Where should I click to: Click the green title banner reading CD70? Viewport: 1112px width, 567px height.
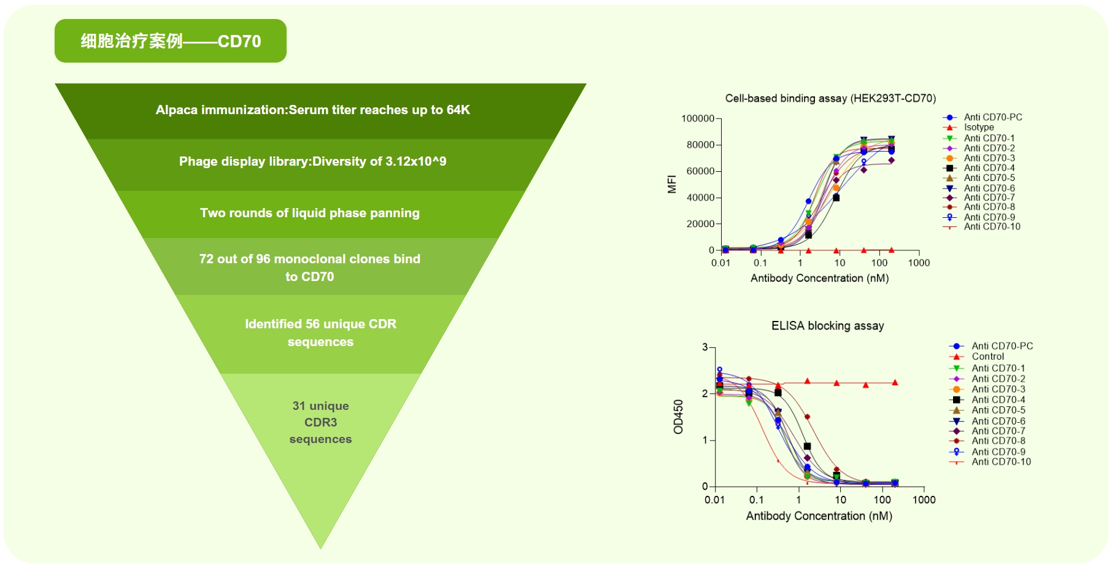click(x=171, y=41)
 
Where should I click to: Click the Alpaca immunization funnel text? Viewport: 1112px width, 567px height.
click(x=313, y=110)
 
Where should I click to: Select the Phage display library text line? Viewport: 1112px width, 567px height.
click(x=313, y=161)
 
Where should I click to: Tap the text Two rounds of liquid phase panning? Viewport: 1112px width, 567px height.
click(x=310, y=213)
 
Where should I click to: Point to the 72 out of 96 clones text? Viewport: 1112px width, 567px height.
click(x=310, y=268)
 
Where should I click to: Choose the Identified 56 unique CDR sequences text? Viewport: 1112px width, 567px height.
click(x=320, y=333)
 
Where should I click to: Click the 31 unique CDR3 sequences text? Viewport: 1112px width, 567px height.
click(x=320, y=422)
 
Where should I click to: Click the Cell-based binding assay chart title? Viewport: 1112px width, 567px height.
click(x=830, y=98)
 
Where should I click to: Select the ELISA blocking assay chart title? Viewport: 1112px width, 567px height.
click(x=828, y=326)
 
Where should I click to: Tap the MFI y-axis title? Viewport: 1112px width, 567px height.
click(x=672, y=184)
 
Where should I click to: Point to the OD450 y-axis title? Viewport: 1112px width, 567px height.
click(x=678, y=417)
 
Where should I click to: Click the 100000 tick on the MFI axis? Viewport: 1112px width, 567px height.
click(x=698, y=118)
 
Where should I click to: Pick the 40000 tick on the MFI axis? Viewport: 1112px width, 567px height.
click(x=700, y=198)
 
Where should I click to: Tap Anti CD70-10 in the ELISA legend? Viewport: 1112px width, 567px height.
click(x=990, y=461)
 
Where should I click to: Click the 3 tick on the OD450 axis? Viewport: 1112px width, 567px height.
click(x=705, y=347)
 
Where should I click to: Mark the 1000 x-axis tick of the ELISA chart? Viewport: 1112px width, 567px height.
click(x=924, y=499)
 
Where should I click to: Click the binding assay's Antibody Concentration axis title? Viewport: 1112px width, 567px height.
click(x=820, y=278)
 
